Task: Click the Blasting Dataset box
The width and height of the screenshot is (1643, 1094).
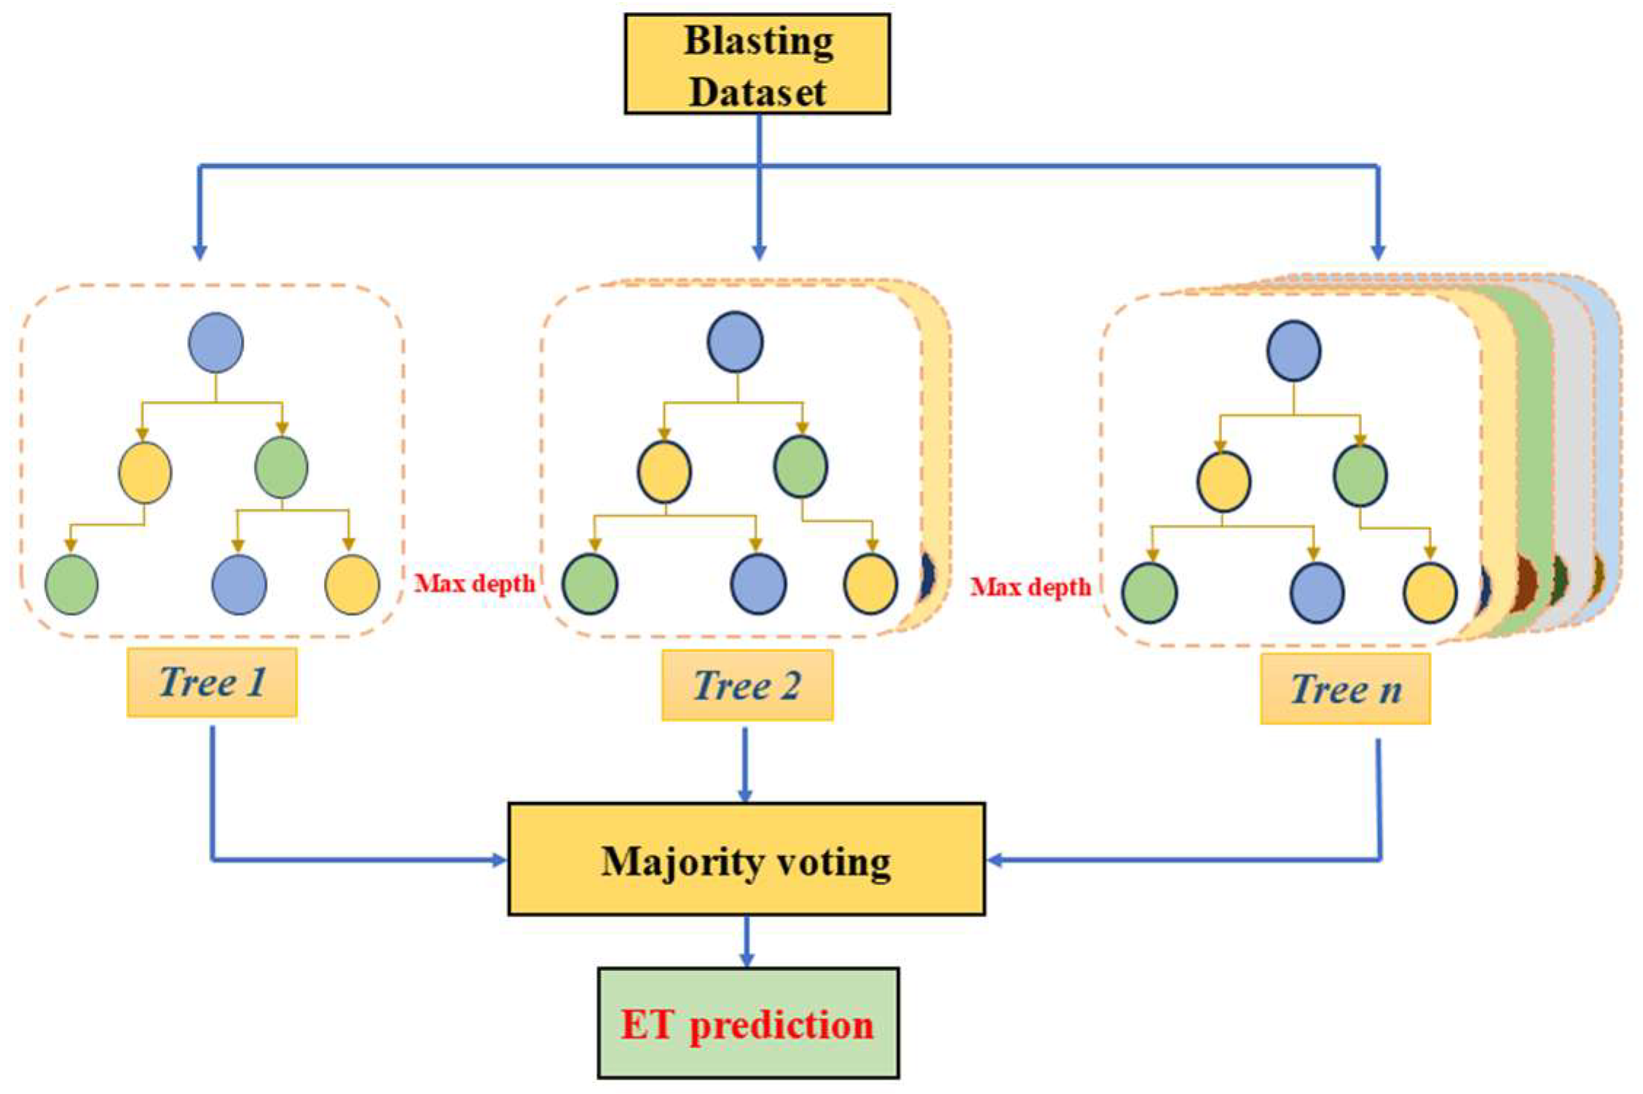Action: click(x=757, y=64)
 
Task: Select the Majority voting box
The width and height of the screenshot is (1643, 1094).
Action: click(x=746, y=859)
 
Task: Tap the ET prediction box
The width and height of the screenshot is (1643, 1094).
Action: click(x=748, y=1023)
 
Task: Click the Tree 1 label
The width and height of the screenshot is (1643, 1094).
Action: click(x=212, y=682)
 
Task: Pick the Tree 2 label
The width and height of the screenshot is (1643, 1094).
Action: click(x=747, y=685)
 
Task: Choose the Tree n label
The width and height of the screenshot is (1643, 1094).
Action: click(x=1345, y=689)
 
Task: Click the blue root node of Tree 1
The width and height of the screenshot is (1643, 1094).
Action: click(x=216, y=342)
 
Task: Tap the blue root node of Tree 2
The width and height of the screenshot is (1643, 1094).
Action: click(x=735, y=341)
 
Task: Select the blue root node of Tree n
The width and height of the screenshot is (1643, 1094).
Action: click(x=1293, y=350)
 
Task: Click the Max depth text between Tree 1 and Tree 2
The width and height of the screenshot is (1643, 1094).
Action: click(x=474, y=583)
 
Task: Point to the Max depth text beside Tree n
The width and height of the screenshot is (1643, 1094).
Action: click(x=1030, y=587)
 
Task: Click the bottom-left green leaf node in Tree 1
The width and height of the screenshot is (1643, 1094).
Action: click(x=71, y=584)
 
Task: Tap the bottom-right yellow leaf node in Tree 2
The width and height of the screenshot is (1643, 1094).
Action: click(x=870, y=584)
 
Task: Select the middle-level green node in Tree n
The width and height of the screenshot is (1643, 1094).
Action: click(x=1360, y=475)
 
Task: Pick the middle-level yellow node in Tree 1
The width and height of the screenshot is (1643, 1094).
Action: click(x=145, y=473)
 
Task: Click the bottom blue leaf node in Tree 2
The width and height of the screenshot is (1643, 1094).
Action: click(x=758, y=584)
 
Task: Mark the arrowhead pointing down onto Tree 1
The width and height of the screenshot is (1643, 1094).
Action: click(x=200, y=252)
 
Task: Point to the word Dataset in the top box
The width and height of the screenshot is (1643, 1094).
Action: click(x=757, y=92)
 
